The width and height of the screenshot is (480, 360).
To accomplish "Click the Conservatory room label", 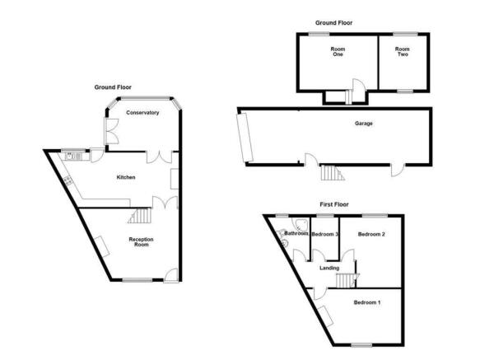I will pyautogui.click(x=142, y=112).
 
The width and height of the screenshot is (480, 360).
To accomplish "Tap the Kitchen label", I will pyautogui.click(x=125, y=177).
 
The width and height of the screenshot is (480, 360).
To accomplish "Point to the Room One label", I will pyautogui.click(x=338, y=53).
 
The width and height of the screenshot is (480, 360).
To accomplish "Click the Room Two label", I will pyautogui.click(x=402, y=53).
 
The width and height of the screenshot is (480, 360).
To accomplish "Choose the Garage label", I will pyautogui.click(x=364, y=124).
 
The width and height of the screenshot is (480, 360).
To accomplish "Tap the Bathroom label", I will pyautogui.click(x=294, y=234).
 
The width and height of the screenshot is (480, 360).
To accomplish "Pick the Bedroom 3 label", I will pyautogui.click(x=326, y=235).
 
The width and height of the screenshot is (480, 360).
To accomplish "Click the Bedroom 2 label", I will pyautogui.click(x=370, y=235).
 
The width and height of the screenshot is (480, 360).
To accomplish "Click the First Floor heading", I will pyautogui.click(x=334, y=203).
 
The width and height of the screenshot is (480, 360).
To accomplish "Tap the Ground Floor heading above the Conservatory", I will pyautogui.click(x=112, y=86).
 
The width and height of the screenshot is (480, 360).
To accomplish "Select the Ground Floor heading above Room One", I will pyautogui.click(x=334, y=23).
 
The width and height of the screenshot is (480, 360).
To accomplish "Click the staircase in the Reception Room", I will pyautogui.click(x=141, y=217).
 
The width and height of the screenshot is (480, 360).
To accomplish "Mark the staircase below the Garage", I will pyautogui.click(x=330, y=173).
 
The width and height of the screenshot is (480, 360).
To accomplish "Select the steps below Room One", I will pyautogui.click(x=347, y=96).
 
